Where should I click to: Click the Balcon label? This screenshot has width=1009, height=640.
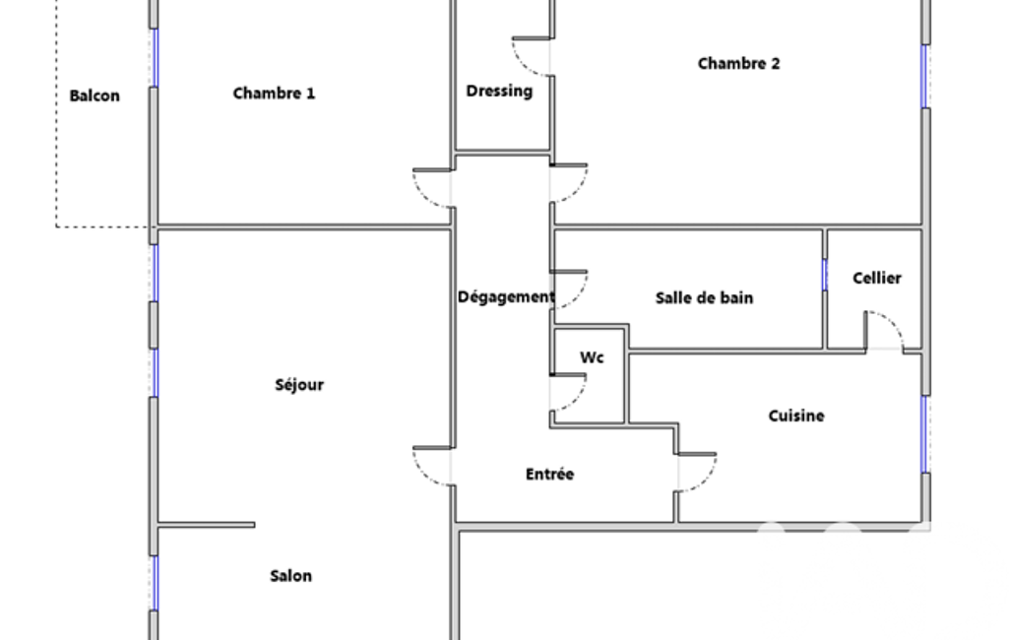(95, 96)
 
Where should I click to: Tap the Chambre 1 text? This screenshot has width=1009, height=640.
(274, 94)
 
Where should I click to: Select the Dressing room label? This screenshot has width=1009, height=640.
(499, 91)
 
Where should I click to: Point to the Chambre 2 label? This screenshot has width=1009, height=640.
(738, 64)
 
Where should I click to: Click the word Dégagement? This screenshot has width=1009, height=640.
(506, 296)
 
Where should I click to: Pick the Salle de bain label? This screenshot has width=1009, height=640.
(704, 297)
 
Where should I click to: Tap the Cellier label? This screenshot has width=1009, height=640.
(876, 279)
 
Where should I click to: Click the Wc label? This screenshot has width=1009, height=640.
(592, 357)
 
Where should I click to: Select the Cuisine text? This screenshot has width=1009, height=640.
(796, 416)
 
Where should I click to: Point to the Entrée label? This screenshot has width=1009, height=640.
(549, 475)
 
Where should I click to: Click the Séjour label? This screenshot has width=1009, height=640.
(299, 385)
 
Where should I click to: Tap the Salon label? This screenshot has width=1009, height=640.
(290, 576)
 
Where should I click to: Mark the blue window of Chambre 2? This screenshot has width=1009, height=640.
(925, 76)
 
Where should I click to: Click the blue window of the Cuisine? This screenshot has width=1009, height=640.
(925, 433)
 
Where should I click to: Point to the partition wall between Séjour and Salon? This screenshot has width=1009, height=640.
(207, 525)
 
